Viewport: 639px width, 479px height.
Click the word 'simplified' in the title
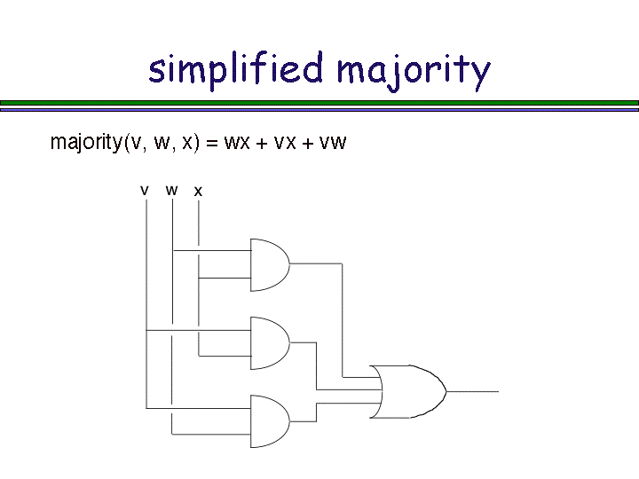pyautogui.click(x=236, y=68)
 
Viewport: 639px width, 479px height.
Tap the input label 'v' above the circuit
pyautogui.click(x=145, y=189)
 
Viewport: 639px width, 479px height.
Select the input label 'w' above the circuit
pyautogui.click(x=171, y=189)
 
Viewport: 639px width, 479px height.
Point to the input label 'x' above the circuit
pyautogui.click(x=198, y=191)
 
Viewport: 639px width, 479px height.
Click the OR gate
pyautogui.click(x=408, y=391)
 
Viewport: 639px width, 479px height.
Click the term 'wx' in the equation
pyautogui.click(x=238, y=142)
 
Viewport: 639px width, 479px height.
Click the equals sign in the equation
pyautogui.click(x=212, y=142)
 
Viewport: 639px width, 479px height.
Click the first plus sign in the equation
pyautogui.click(x=262, y=142)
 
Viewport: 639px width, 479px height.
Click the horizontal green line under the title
pyautogui.click(x=319, y=102)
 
